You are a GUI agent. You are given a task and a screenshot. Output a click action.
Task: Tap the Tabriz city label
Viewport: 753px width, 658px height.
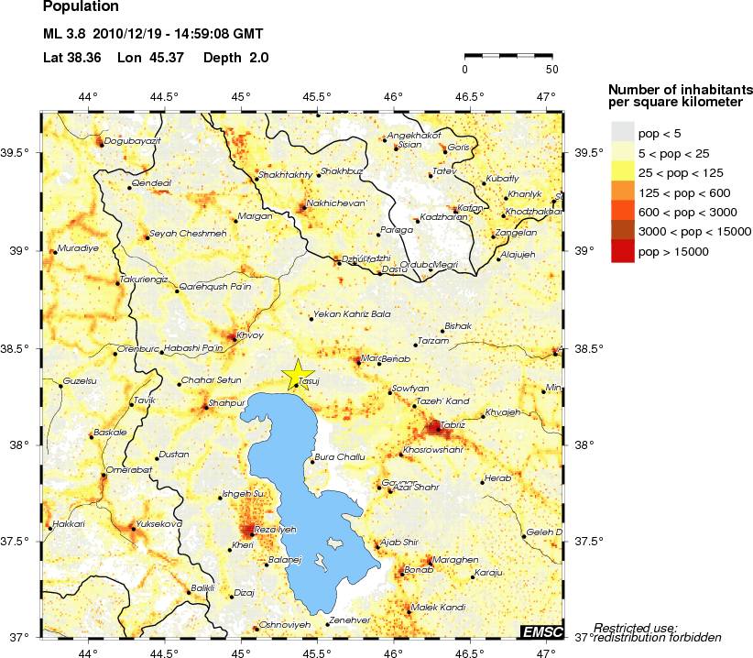452,425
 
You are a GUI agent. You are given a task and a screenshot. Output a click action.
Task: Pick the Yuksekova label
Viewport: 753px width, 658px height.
158,524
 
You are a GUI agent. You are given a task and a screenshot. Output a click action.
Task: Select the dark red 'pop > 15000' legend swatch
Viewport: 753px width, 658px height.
623,250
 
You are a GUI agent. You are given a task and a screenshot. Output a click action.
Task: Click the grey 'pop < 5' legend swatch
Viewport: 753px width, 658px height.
623,135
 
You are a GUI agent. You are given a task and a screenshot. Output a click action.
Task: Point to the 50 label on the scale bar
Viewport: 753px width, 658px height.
551,69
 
